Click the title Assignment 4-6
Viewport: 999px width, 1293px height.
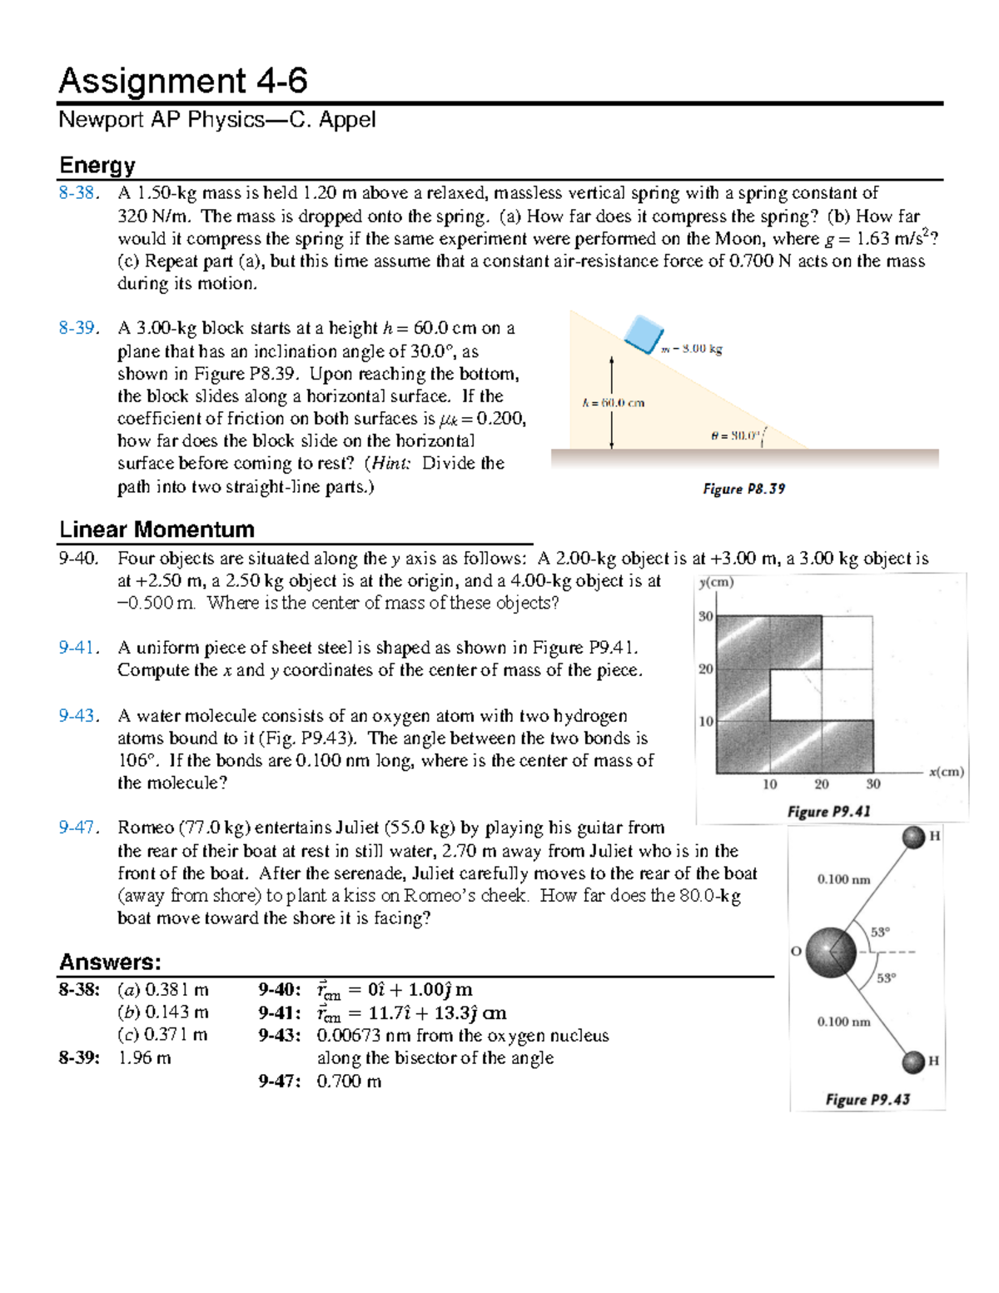click(183, 81)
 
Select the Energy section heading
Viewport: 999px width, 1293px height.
click(97, 165)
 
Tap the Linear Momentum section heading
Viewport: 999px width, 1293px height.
click(157, 530)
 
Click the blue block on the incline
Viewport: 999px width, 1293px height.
click(644, 335)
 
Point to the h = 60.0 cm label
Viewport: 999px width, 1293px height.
click(613, 403)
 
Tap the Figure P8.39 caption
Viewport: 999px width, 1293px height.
click(743, 489)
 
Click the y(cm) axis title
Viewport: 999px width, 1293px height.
click(716, 582)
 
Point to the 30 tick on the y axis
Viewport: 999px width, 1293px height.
click(705, 616)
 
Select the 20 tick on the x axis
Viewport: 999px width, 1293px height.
click(821, 784)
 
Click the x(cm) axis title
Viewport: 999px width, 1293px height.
click(947, 772)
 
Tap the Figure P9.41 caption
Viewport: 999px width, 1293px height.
click(828, 811)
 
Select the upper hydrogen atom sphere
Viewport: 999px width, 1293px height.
click(913, 837)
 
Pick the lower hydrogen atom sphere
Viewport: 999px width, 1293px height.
click(913, 1062)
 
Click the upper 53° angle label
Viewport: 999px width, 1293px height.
click(880, 932)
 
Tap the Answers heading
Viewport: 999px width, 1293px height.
click(110, 962)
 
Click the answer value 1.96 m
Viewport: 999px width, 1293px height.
click(145, 1058)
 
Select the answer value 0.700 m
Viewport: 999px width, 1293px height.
click(349, 1082)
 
